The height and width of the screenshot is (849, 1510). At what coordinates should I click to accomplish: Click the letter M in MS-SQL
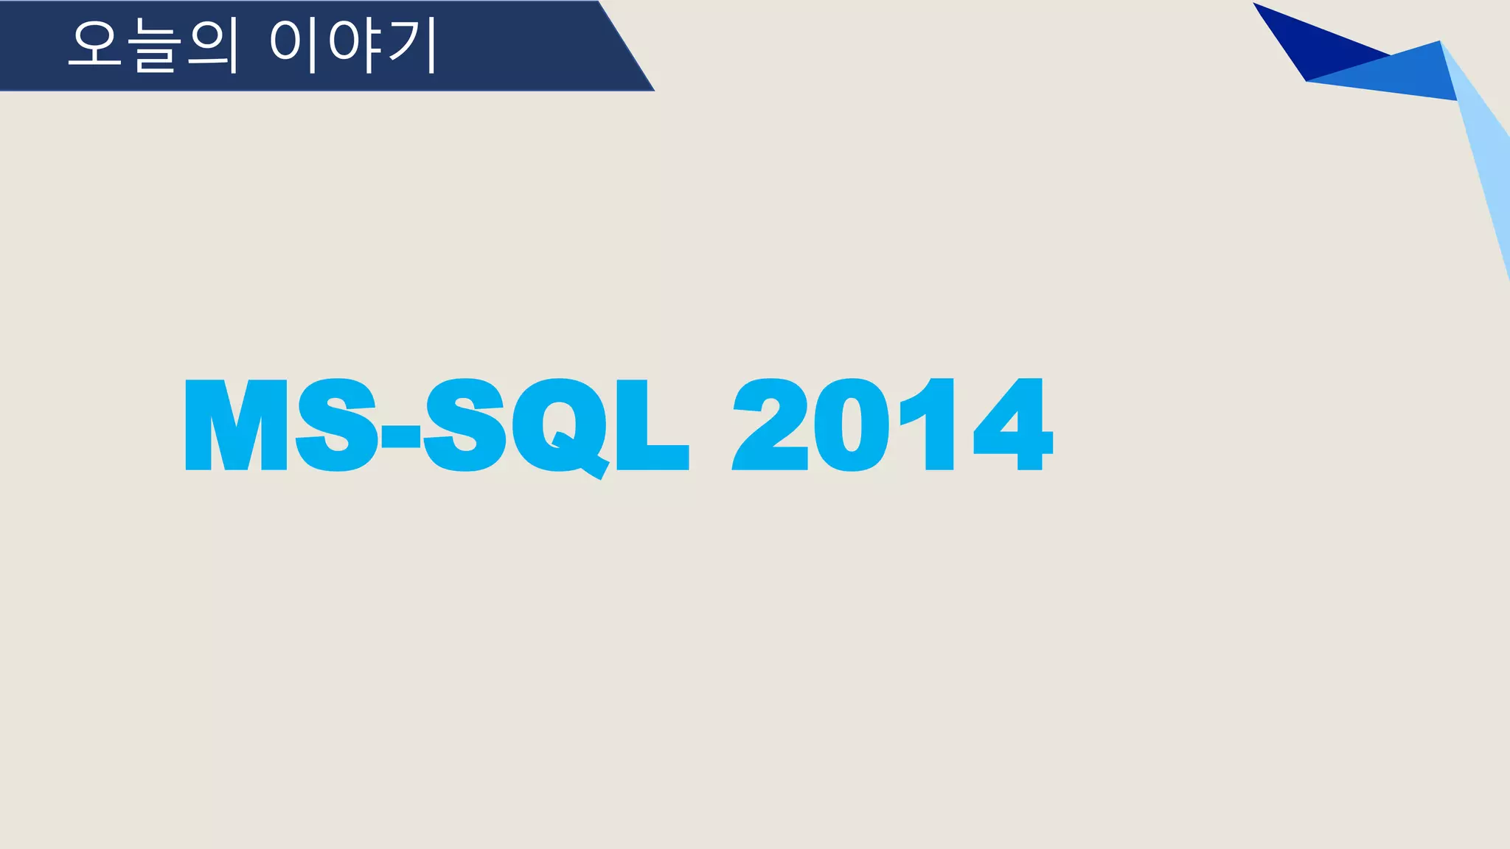pos(236,425)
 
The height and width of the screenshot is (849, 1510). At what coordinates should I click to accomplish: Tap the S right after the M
pos(337,425)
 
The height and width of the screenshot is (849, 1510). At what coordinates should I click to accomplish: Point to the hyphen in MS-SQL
pos(400,437)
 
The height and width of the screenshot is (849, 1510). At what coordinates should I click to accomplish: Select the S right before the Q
pos(465,425)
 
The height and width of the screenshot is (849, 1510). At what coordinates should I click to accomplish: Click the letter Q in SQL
pos(559,426)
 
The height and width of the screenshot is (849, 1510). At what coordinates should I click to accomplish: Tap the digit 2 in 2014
pos(770,425)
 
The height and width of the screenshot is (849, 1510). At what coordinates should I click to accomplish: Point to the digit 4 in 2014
pos(1014,425)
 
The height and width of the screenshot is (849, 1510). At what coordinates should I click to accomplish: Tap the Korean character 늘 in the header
pos(156,46)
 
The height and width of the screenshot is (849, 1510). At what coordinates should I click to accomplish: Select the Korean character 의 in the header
pos(214,46)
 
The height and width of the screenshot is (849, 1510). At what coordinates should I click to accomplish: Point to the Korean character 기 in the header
pos(412,46)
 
